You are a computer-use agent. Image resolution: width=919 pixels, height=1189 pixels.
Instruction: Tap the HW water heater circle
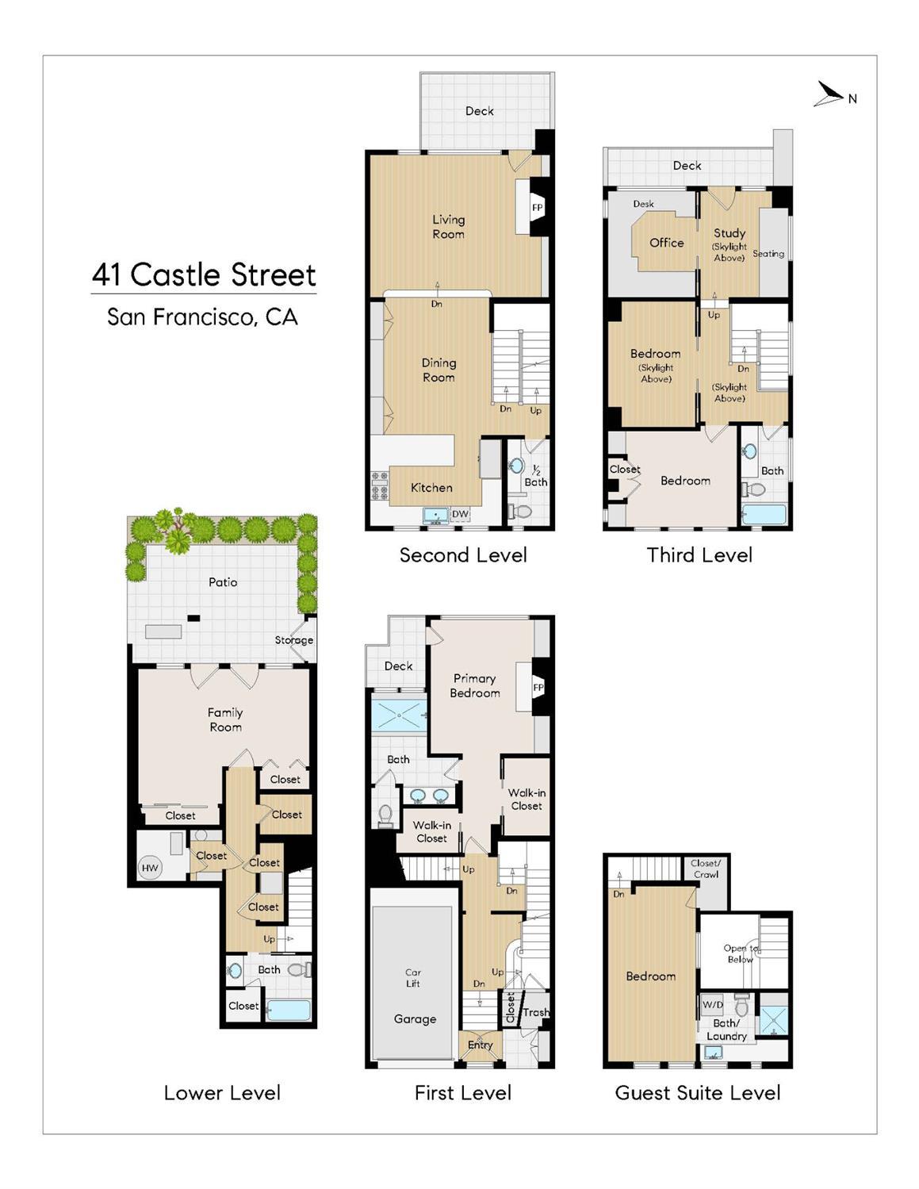point(150,868)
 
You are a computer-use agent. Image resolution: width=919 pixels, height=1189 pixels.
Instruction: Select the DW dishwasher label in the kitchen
point(460,514)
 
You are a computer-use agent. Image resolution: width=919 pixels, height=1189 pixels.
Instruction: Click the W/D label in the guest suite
point(712,1005)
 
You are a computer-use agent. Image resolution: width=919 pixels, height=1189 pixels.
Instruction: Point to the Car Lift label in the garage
point(413,978)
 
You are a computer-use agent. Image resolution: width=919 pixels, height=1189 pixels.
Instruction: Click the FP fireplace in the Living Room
point(537,208)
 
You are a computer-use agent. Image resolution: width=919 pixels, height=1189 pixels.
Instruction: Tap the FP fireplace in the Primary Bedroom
point(538,688)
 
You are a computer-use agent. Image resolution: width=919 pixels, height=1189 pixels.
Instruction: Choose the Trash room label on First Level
point(535,1012)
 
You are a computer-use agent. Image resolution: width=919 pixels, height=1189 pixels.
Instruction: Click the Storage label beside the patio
point(293,640)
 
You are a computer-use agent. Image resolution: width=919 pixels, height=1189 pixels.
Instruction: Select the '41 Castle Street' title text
point(204,274)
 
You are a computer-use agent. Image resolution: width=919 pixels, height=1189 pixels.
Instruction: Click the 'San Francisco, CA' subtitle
point(202,317)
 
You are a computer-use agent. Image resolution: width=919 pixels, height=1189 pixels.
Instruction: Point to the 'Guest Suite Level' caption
point(698,1093)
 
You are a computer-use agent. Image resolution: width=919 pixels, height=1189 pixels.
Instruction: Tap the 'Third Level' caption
point(699,554)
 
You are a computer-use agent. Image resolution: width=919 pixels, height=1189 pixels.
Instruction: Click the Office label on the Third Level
point(666,243)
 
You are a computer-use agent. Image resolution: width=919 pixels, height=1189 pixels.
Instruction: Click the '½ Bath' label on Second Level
point(535,476)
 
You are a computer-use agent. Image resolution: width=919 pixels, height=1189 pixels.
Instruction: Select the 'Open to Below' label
point(741,953)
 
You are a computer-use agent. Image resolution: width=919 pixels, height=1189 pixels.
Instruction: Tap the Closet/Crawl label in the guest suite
point(706,869)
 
